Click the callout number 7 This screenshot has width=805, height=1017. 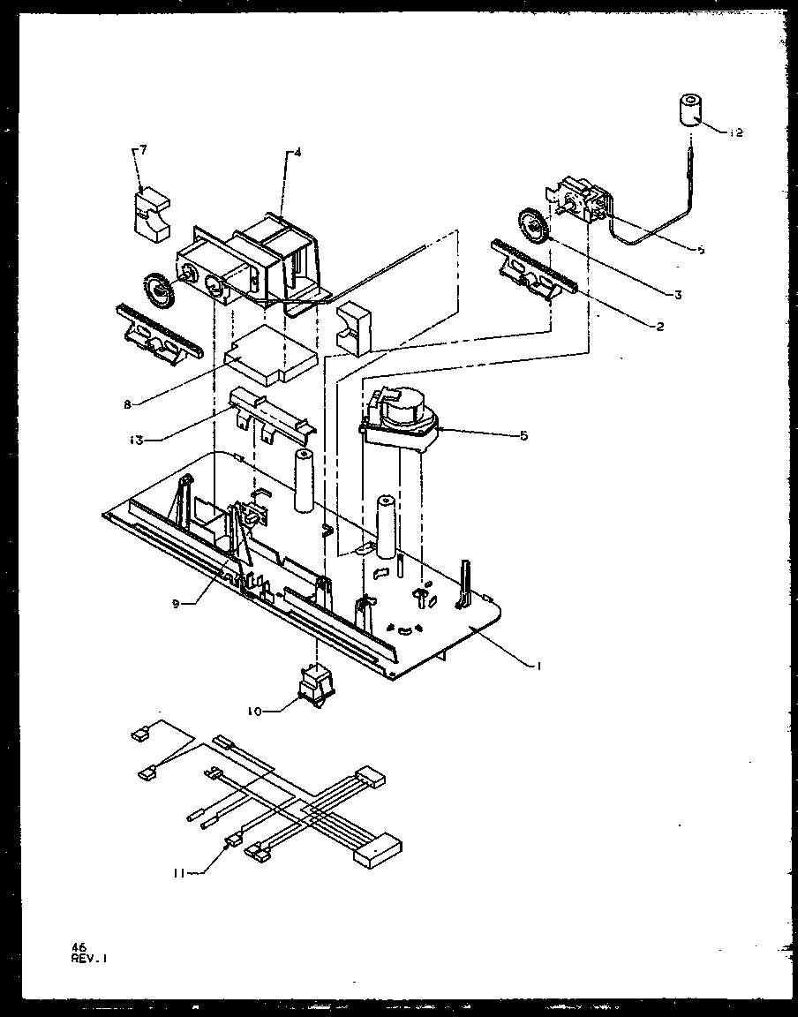pyautogui.click(x=143, y=150)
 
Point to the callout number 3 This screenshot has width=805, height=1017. pyautogui.click(x=677, y=295)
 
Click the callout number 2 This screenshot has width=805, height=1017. pyautogui.click(x=659, y=327)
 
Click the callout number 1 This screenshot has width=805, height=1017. pyautogui.click(x=538, y=667)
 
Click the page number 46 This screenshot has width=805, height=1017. pyautogui.click(x=78, y=946)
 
